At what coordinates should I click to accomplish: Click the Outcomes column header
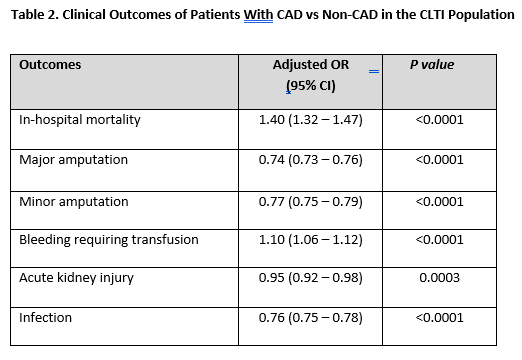pos(50,65)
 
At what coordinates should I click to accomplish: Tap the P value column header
pos(432,65)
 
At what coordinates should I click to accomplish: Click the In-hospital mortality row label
pos(80,119)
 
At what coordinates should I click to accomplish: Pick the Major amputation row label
pos(74,160)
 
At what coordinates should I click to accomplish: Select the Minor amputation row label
pos(74,201)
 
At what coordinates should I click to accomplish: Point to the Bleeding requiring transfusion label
pos(109,239)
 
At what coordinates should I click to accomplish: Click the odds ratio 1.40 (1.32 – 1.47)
pos(310,119)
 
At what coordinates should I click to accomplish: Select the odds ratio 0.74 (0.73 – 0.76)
pos(310,160)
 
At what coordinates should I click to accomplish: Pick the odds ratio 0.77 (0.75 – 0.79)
pos(310,201)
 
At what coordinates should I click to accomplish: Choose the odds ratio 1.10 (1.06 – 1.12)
pos(310,239)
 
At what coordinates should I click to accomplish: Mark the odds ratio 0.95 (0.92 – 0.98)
pos(310,277)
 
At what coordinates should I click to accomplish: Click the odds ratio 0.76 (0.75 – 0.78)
pos(310,317)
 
